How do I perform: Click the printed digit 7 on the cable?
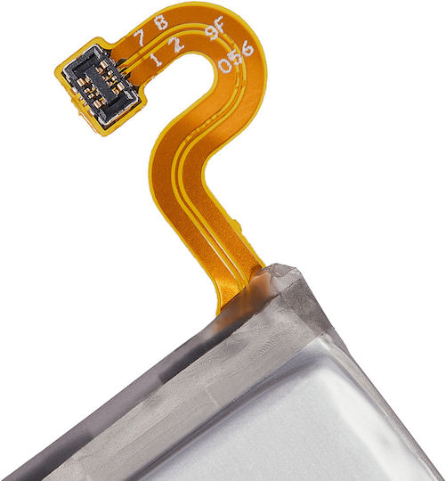(x=139, y=37)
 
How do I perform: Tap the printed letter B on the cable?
(x=161, y=22)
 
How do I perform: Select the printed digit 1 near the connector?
(x=157, y=59)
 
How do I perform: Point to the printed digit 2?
(x=176, y=45)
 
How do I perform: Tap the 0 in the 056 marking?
(x=225, y=65)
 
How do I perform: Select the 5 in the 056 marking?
(x=237, y=57)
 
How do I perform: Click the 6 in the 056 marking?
(x=247, y=49)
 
